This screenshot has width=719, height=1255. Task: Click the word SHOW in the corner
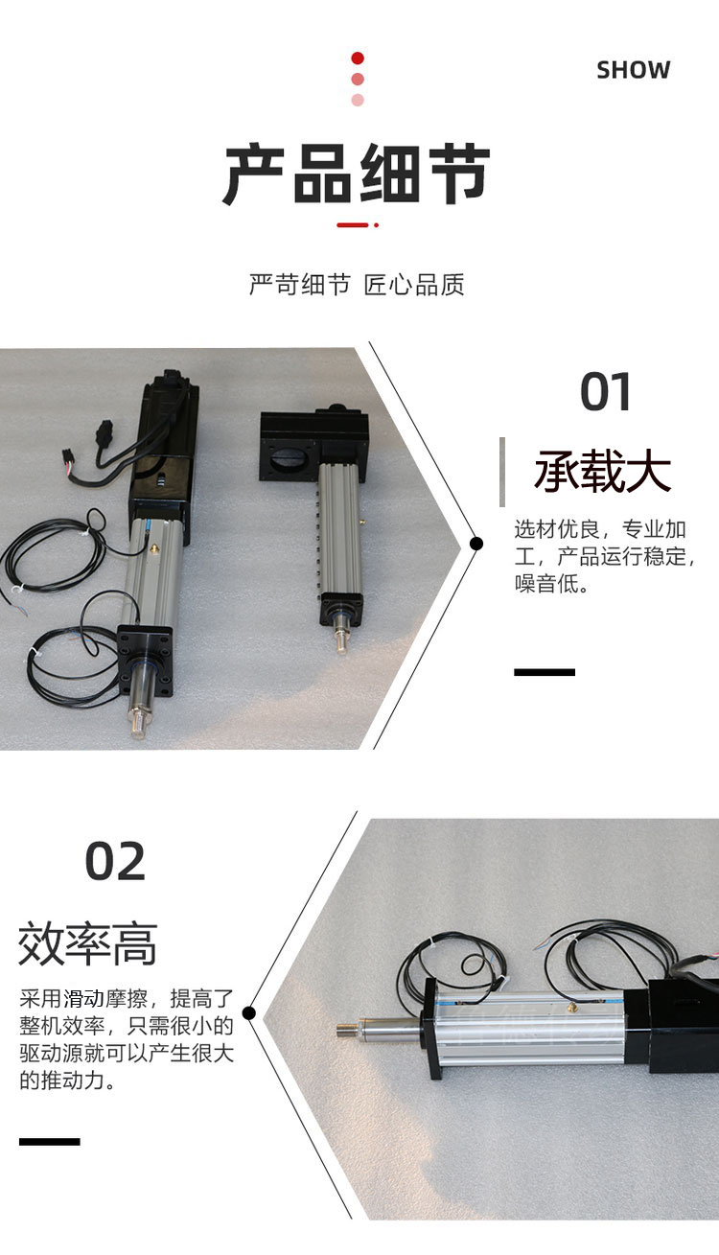pyautogui.click(x=634, y=70)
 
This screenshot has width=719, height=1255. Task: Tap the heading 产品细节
pyautogui.click(x=357, y=174)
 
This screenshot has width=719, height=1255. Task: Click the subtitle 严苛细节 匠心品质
pyautogui.click(x=357, y=285)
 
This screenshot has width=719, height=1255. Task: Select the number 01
pyautogui.click(x=605, y=391)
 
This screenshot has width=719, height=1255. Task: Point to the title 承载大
pyautogui.click(x=603, y=471)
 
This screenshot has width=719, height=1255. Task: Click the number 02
pyautogui.click(x=115, y=861)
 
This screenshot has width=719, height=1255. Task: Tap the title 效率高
pyautogui.click(x=87, y=944)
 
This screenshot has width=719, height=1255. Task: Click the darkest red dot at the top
pyautogui.click(x=358, y=58)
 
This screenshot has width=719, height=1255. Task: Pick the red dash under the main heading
pyautogui.click(x=353, y=225)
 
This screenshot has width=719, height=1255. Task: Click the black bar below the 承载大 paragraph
pyautogui.click(x=545, y=672)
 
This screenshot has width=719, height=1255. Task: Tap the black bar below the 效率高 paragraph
pyautogui.click(x=49, y=1141)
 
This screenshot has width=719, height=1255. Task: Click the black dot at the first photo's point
pyautogui.click(x=476, y=543)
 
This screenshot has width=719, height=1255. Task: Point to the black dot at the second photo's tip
pyautogui.click(x=249, y=1012)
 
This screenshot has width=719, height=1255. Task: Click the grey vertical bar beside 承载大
pyautogui.click(x=502, y=472)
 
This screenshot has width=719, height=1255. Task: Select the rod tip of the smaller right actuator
pyautogui.click(x=341, y=642)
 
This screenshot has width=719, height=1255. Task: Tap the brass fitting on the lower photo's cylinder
pyautogui.click(x=571, y=1006)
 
